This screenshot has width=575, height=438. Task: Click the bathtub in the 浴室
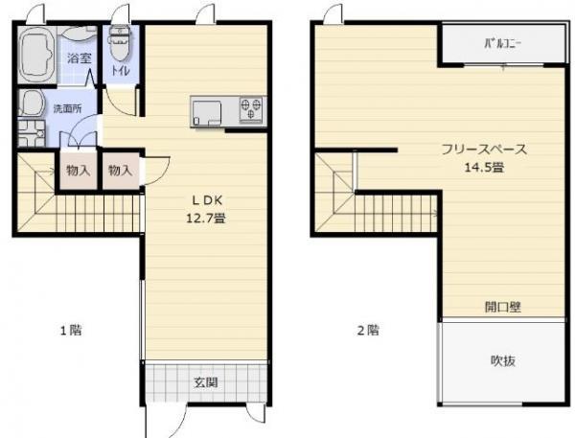(x=36, y=55)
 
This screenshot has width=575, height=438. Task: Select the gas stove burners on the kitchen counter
(x=251, y=109)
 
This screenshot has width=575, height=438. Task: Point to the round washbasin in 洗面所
(x=32, y=104)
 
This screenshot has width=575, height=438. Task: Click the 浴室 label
(x=80, y=58)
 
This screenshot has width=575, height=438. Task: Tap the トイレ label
(x=121, y=70)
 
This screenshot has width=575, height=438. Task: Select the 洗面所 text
(x=68, y=108)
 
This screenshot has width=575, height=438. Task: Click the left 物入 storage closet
(x=79, y=171)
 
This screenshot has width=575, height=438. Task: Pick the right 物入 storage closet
(x=121, y=171)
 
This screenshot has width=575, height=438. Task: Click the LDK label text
(x=207, y=200)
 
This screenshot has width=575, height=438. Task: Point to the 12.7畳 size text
(x=206, y=219)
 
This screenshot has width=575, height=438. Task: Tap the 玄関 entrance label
(x=206, y=382)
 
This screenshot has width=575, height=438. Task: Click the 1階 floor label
(x=71, y=331)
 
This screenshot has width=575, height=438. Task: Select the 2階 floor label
(x=368, y=331)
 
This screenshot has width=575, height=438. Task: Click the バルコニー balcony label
(x=503, y=44)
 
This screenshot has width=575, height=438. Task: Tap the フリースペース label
(x=484, y=150)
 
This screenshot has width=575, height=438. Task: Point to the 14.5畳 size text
(x=484, y=168)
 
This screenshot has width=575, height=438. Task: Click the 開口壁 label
(x=503, y=307)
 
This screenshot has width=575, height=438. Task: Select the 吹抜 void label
(x=503, y=361)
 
